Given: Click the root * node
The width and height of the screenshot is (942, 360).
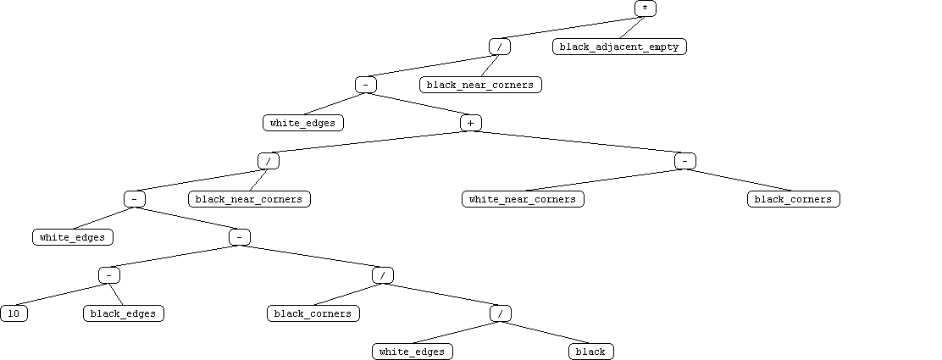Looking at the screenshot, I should [646, 8].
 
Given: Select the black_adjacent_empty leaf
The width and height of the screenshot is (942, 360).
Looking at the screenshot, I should [619, 47].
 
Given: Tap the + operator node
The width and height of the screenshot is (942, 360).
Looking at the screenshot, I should [471, 123].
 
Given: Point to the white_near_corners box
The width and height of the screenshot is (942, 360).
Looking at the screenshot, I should [523, 199].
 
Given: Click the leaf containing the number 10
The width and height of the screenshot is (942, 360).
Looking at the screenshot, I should [14, 313].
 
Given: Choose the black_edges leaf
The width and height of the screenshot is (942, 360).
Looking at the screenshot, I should [123, 313].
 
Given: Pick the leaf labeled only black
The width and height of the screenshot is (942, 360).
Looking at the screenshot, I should [590, 352].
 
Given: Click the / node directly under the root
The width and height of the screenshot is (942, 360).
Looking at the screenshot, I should [500, 47].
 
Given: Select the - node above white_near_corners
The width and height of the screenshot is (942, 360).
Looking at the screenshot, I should [685, 161].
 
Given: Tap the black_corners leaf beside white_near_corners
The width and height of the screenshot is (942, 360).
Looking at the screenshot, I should [794, 199].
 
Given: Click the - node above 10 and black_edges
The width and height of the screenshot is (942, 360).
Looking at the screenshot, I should [109, 275].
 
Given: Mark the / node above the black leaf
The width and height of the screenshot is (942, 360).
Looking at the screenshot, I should [501, 313].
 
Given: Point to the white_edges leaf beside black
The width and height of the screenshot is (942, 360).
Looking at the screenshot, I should [412, 352].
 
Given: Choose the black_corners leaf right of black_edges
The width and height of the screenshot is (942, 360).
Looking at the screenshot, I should [313, 313].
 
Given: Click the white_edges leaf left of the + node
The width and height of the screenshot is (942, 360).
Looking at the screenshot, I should [303, 123].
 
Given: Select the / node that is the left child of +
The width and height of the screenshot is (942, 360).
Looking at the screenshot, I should [269, 161].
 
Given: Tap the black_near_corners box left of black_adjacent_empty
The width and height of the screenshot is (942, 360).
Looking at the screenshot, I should [480, 85].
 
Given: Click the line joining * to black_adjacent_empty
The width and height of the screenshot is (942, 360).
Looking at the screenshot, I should [632, 28].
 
